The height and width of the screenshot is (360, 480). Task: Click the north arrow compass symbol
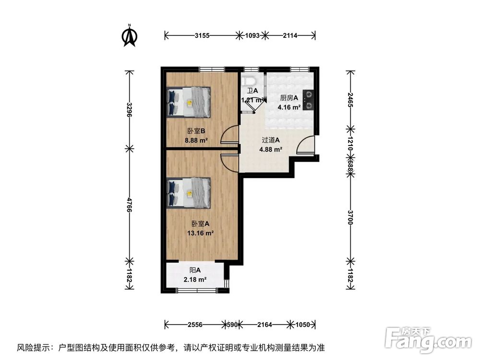[130, 36]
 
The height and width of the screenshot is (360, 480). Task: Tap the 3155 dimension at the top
[202, 36]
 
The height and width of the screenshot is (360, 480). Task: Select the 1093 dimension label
[252, 36]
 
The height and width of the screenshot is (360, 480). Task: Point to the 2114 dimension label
[290, 36]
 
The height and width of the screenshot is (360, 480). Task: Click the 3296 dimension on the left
[130, 109]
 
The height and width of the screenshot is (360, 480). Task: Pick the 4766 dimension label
[130, 205]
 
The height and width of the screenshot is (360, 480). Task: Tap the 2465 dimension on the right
[350, 100]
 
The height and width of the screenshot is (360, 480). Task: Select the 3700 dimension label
[350, 217]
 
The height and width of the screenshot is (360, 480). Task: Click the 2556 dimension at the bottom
[195, 324]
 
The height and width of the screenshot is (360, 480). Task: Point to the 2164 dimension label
[264, 324]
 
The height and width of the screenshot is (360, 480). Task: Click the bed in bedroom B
[189, 102]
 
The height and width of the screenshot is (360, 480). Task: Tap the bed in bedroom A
[189, 193]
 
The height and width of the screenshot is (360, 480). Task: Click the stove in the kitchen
[308, 100]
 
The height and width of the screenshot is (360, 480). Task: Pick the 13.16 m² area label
[200, 233]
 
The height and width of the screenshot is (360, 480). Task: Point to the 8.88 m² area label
[196, 141]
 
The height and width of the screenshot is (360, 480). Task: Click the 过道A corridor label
[271, 140]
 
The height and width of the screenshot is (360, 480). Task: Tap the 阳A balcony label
[195, 270]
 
